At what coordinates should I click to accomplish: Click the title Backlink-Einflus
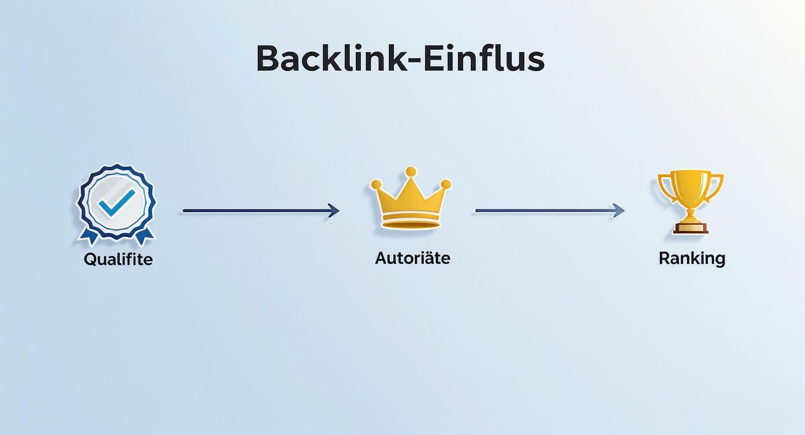coord(400,58)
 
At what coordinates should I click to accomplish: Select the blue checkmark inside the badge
coord(116,201)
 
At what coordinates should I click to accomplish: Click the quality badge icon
coord(117,202)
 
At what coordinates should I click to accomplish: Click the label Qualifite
coord(118,259)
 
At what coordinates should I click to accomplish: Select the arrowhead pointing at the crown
coord(334,211)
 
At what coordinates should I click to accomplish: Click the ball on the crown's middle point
coord(411,171)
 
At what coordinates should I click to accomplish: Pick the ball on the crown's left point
coord(376,185)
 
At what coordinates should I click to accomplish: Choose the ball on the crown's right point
coord(445,184)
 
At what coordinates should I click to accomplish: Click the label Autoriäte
coord(412,258)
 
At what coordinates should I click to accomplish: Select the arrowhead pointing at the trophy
coord(619,211)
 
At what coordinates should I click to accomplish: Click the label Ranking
coord(692,259)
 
